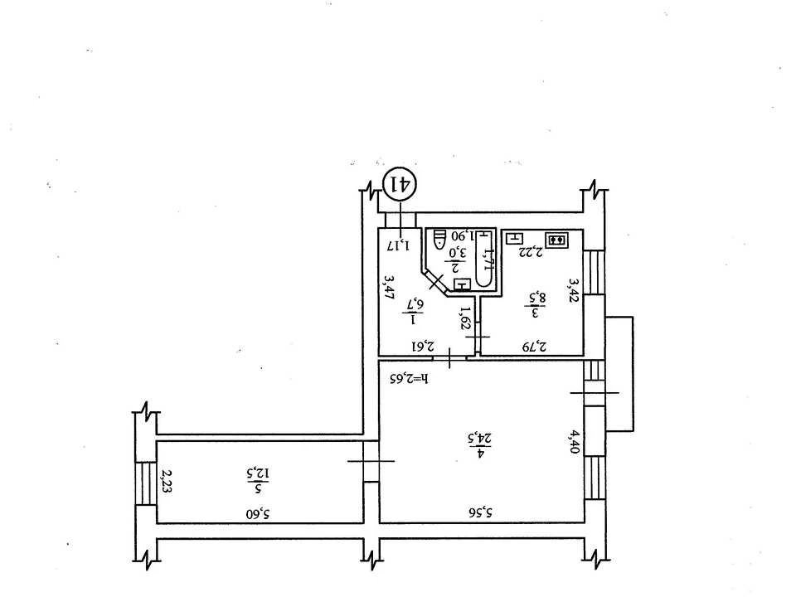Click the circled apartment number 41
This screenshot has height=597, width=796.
[400, 185]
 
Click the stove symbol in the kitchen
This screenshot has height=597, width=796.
[557, 239]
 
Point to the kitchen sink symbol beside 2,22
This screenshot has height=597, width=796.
[515, 237]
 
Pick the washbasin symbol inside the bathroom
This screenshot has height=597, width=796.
[462, 284]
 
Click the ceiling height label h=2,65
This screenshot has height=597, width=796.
[409, 379]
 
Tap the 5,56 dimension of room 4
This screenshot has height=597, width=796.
[481, 512]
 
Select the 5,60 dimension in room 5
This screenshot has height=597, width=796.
[259, 514]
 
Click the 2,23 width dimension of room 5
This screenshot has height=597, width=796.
[166, 482]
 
